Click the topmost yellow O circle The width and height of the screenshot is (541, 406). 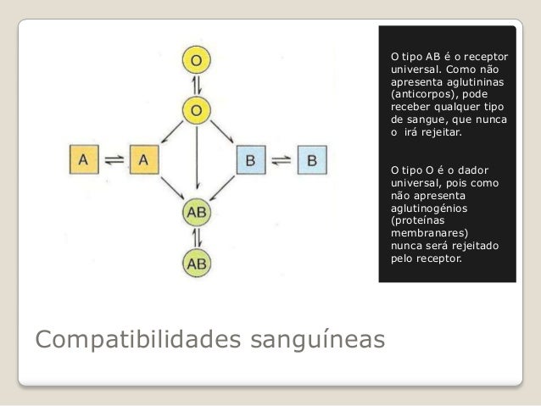coord(196,60)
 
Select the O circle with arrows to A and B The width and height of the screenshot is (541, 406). coord(196,109)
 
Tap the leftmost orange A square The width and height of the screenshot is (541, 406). coord(84,158)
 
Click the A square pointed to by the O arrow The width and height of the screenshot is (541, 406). coord(143,158)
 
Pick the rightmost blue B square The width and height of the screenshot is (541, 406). coord(312,158)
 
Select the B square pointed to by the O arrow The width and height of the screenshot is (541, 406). coord(251,158)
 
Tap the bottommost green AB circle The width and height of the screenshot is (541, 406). coord(196,263)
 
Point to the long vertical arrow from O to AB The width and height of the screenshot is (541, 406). coord(196,161)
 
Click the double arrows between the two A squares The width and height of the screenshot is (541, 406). coord(114,158)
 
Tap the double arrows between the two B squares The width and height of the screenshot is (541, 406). coord(282,158)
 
